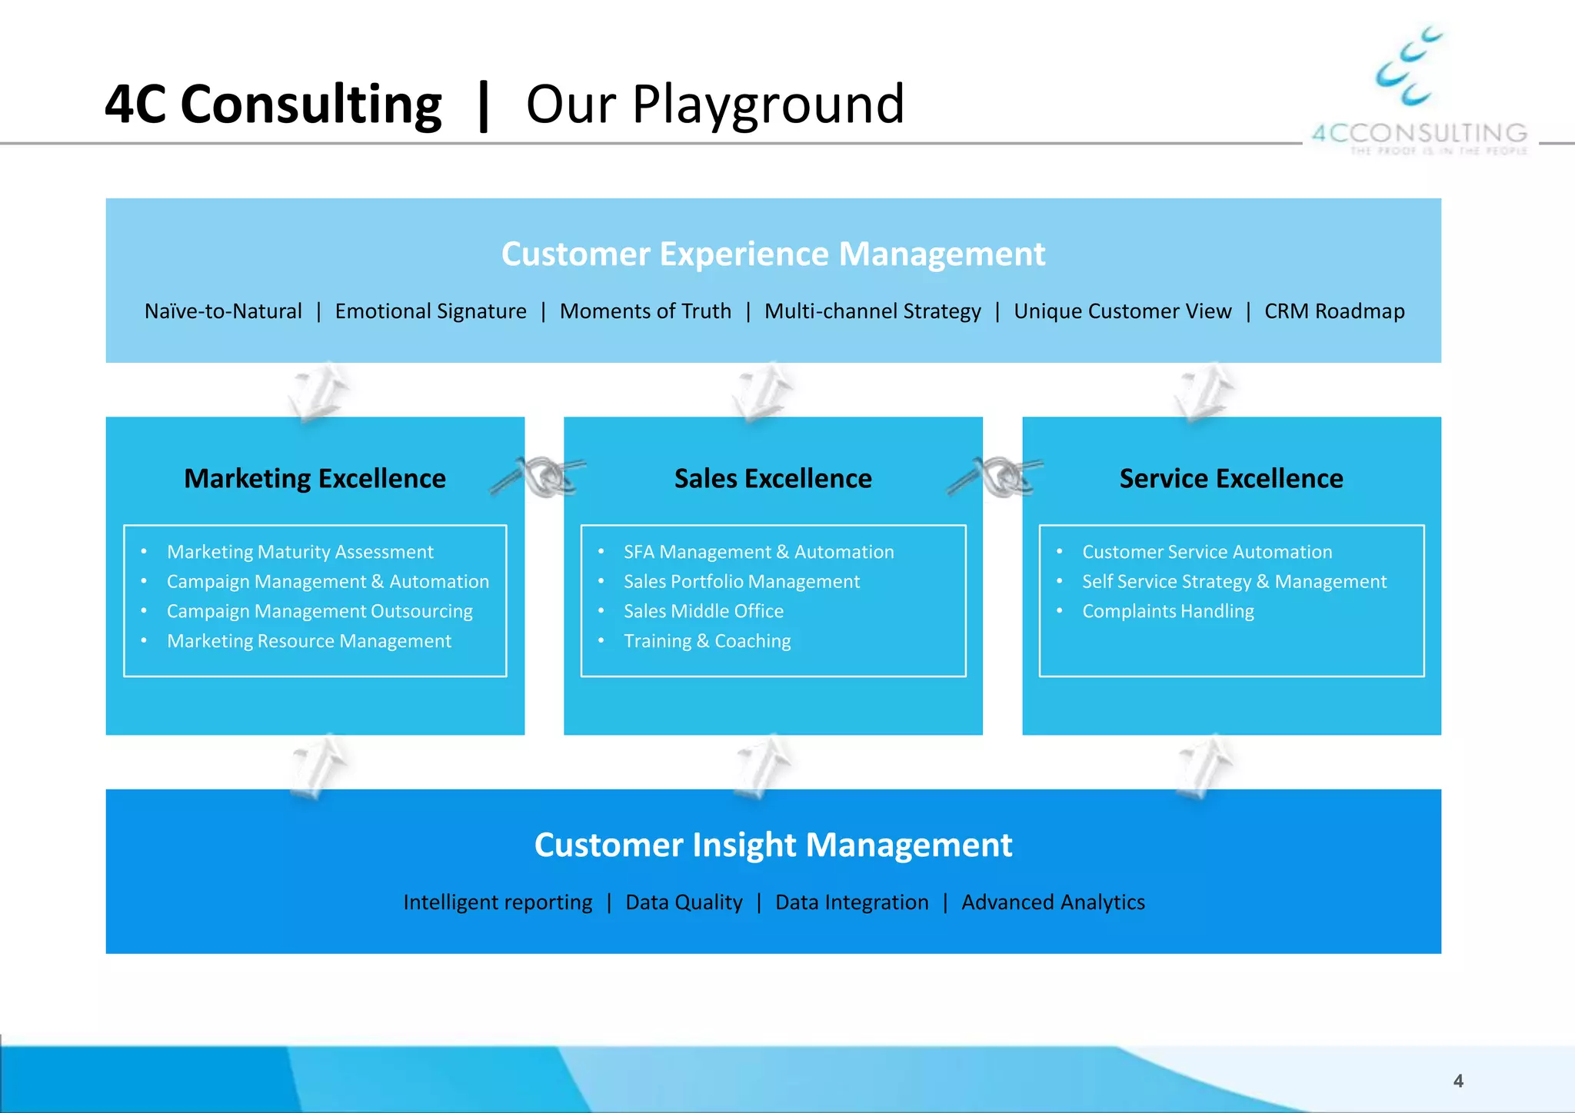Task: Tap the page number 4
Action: [1458, 1081]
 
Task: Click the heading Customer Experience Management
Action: [773, 254]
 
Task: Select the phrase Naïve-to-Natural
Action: [223, 311]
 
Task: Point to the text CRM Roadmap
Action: [1334, 311]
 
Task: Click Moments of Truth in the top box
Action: [645, 311]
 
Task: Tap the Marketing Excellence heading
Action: [315, 478]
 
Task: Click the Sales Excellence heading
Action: [773, 478]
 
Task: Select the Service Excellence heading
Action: [1230, 478]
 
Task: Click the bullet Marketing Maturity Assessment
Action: [300, 552]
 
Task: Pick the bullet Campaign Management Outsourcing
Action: [319, 611]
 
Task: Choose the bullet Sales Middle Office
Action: [703, 611]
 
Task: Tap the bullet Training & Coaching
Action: [707, 641]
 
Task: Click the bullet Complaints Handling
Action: [1167, 611]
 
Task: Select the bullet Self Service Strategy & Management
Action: [1234, 582]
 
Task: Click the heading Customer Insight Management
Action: [773, 845]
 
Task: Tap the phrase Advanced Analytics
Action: [1053, 902]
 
